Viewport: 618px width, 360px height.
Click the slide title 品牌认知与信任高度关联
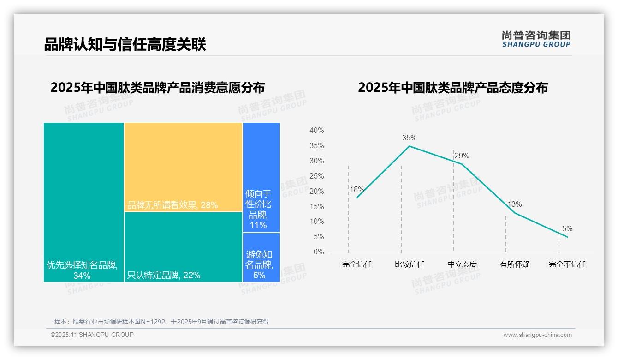point(125,45)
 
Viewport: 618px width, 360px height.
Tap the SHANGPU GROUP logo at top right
point(536,39)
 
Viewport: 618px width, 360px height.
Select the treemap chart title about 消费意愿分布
point(158,88)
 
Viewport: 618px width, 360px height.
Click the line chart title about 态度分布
point(453,88)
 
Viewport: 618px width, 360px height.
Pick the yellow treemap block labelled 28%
point(183,167)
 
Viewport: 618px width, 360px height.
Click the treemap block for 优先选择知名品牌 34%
point(83,202)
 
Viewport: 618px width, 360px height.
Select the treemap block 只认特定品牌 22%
point(183,247)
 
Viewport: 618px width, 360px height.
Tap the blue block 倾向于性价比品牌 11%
point(261,177)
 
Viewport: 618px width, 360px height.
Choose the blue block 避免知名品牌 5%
point(261,257)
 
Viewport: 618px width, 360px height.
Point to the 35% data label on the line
point(409,138)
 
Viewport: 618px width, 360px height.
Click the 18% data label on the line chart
point(357,189)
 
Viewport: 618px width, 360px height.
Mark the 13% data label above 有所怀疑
point(515,204)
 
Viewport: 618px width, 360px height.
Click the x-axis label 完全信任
point(357,264)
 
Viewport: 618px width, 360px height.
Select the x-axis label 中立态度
point(462,264)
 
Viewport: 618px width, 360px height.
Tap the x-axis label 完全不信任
point(567,264)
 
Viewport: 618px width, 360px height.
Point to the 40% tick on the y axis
point(316,131)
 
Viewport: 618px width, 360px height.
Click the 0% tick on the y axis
point(318,252)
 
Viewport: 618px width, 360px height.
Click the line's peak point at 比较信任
point(409,146)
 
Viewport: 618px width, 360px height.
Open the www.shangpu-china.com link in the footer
point(537,335)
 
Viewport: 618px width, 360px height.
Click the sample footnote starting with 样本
point(161,322)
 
